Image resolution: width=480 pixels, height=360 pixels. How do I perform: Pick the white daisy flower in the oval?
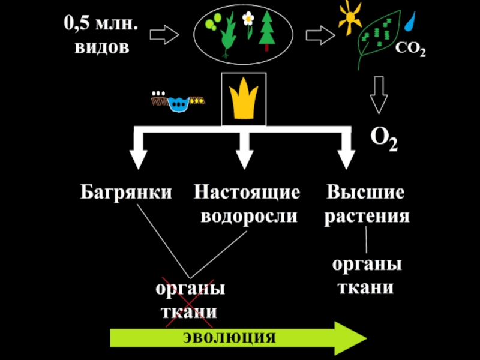click(x=248, y=19)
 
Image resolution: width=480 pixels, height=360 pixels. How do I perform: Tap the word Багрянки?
click(x=126, y=193)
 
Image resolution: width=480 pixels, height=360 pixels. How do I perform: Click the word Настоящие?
click(x=247, y=193)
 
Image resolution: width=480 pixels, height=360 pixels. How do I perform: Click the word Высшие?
click(x=365, y=193)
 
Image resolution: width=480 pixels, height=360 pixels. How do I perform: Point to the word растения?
click(x=367, y=216)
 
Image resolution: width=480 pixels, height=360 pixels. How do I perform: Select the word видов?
click(x=101, y=47)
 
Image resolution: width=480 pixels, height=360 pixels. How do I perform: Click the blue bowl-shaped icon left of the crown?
click(x=178, y=104)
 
